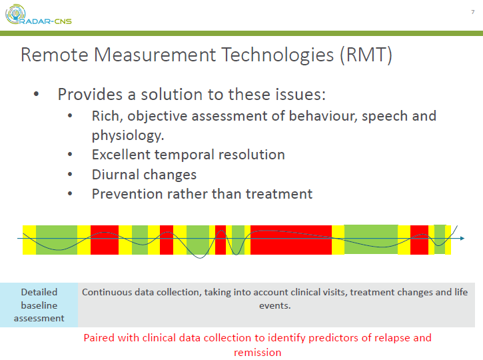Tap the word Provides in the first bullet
[90, 95]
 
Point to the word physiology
[127, 135]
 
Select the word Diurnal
[116, 175]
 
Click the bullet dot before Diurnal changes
[71, 175]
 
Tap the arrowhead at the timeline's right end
[461, 239]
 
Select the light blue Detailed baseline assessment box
[39, 305]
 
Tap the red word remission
[257, 352]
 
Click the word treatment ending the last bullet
[279, 194]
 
